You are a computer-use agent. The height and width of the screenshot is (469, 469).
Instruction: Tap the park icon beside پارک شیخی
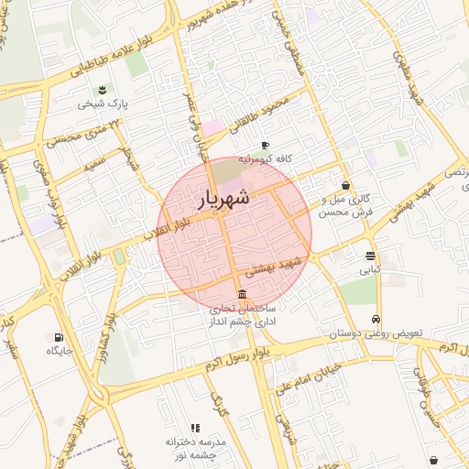pos(103,90)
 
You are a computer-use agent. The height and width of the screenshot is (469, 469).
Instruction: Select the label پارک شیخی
pos(103,104)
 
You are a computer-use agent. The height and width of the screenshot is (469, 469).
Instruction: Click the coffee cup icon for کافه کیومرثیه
pos(266,145)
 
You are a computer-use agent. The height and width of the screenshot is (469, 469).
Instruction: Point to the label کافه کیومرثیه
pos(266,158)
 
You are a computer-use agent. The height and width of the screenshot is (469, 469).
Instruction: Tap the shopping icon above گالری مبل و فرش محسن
pos(344,184)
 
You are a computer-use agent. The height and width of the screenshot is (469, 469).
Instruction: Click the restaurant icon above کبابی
pos(370,256)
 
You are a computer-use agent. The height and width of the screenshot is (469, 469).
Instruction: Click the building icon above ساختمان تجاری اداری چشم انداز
pos(241,294)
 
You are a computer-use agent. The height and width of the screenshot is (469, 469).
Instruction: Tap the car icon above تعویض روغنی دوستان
pos(376,319)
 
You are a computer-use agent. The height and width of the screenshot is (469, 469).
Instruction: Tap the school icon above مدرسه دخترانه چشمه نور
pos(195,428)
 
